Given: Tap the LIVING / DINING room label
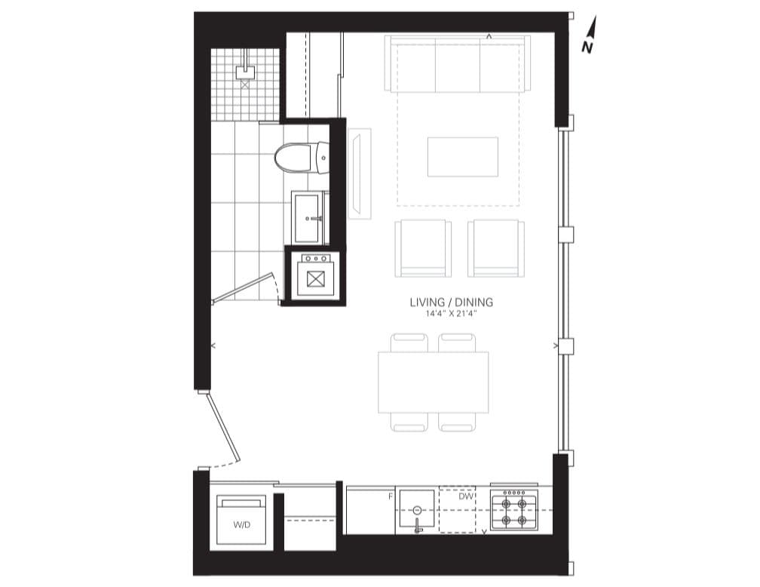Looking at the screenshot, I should pyautogui.click(x=451, y=303).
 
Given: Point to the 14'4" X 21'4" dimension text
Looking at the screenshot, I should pyautogui.click(x=451, y=312).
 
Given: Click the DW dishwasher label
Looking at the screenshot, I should pyautogui.click(x=466, y=496).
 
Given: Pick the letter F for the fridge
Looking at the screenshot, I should pyautogui.click(x=391, y=496).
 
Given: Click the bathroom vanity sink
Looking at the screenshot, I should pyautogui.click(x=308, y=218).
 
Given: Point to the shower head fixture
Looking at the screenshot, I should pyautogui.click(x=244, y=73).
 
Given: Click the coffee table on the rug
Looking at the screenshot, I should pyautogui.click(x=463, y=157).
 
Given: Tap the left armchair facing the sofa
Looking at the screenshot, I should pyautogui.click(x=422, y=248).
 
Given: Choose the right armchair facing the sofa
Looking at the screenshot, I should pyautogui.click(x=495, y=248).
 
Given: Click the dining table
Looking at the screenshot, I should pyautogui.click(x=434, y=382).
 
